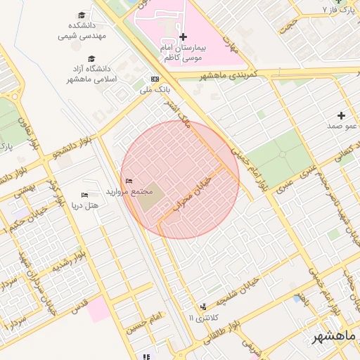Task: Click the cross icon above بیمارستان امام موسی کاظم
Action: [183, 37]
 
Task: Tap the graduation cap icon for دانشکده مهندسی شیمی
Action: [82, 15]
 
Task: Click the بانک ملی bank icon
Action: [155, 79]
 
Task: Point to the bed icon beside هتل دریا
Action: [85, 195]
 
